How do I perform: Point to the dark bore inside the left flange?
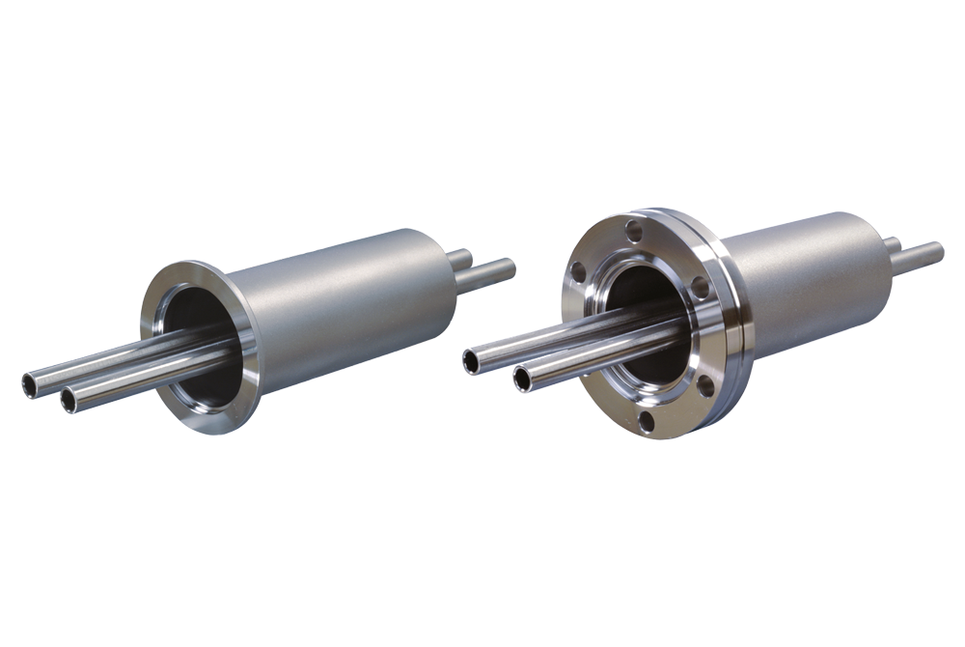click(x=198, y=319)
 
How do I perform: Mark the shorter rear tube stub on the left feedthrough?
click(x=460, y=259)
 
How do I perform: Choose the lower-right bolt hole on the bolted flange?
click(x=705, y=384)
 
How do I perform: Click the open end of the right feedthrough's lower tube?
click(x=523, y=379)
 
